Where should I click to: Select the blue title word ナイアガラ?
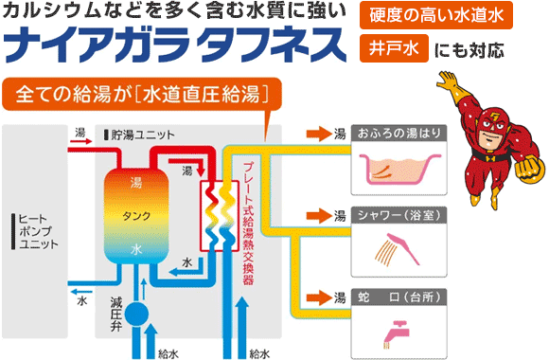[x=91, y=45]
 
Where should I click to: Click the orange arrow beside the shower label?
[x=312, y=215]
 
